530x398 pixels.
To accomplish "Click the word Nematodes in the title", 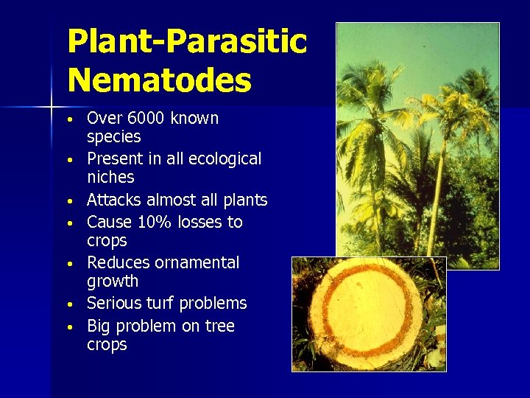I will [x=159, y=80].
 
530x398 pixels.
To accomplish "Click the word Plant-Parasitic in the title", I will [x=186, y=41].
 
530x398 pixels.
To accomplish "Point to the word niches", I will [x=110, y=177].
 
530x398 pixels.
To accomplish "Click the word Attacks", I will [x=114, y=200].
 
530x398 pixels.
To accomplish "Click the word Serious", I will [x=114, y=303].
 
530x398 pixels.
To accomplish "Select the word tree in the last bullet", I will [x=219, y=326].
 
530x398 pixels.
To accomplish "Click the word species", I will [x=113, y=137].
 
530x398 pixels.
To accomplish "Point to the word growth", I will [x=112, y=281].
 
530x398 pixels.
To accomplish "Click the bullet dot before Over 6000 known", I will [x=68, y=119].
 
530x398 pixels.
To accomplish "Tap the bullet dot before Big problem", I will [x=68, y=327].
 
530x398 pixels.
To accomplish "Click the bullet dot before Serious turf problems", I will [x=68, y=304].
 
